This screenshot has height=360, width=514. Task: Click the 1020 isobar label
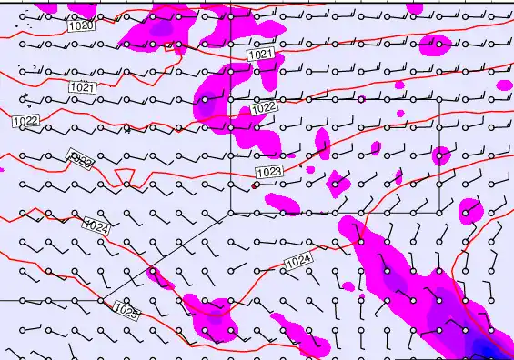coord(81,25)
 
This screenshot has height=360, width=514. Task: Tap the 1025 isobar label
coord(127,313)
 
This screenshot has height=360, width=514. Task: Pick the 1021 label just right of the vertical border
coord(260,55)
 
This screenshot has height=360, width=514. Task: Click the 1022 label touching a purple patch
coord(264,107)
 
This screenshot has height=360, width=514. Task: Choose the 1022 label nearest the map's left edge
coord(25,120)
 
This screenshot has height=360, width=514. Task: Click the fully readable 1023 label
coord(269,170)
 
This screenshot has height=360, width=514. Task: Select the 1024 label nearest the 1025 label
coord(96,225)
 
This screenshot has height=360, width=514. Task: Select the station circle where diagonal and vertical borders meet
coord(231,213)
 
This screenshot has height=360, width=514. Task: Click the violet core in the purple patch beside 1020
coord(162,29)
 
